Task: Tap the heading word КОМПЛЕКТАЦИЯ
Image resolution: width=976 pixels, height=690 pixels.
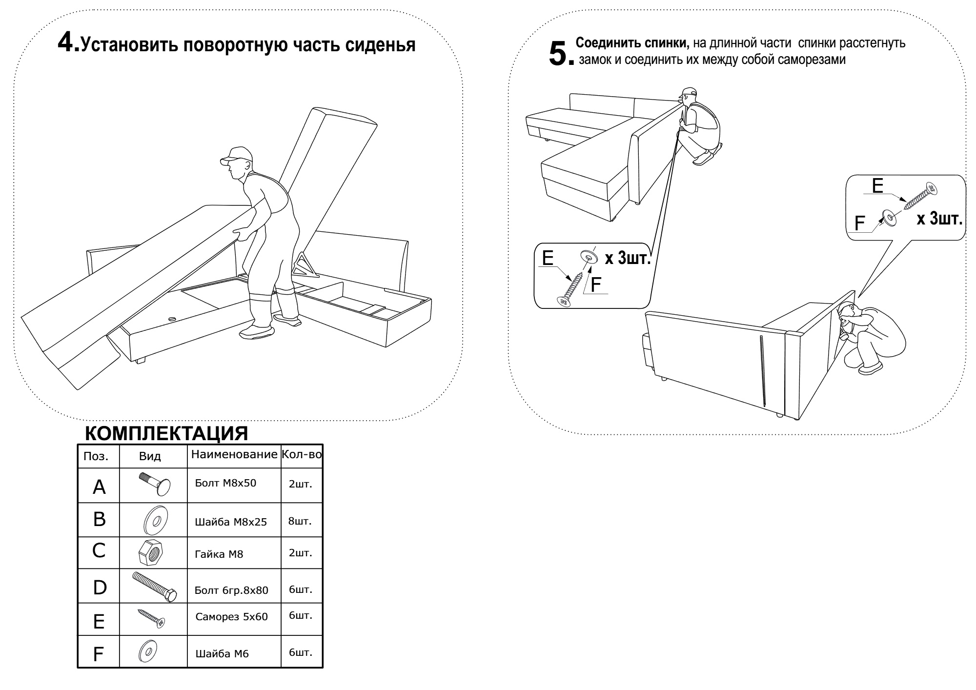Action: click(166, 433)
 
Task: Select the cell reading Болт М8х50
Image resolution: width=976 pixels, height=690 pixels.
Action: click(225, 483)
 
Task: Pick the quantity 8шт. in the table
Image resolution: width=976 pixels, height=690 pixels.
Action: click(300, 521)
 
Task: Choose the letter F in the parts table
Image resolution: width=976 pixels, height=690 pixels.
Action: click(99, 654)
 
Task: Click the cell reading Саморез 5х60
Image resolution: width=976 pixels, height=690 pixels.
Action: click(231, 617)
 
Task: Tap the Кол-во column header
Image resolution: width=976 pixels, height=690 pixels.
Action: click(302, 455)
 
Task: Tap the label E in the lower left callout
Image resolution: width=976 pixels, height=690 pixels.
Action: click(548, 258)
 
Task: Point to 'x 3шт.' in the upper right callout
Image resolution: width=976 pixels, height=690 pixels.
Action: click(939, 219)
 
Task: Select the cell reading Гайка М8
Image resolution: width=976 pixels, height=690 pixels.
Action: click(219, 554)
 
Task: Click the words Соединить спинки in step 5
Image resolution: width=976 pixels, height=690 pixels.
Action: click(632, 43)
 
